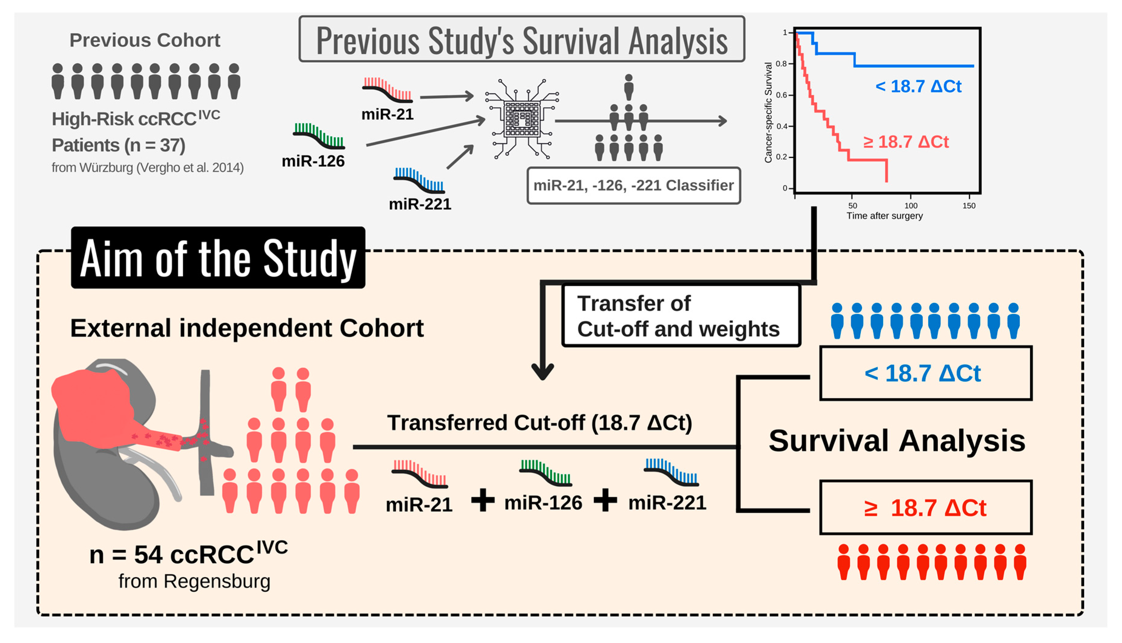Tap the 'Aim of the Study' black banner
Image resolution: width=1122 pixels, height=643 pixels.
(218, 258)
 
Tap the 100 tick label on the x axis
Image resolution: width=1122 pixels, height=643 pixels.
(911, 206)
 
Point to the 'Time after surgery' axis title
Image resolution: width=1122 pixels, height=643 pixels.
(884, 216)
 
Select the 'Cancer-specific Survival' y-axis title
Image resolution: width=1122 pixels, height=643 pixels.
(768, 112)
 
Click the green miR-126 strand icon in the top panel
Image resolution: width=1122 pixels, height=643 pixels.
(319, 136)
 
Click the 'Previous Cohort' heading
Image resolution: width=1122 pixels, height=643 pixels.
(145, 40)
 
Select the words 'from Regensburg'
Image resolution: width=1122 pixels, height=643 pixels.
(194, 582)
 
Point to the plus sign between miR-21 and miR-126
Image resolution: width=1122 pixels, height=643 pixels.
(483, 500)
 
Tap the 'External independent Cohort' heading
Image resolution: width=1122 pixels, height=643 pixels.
(247, 328)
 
